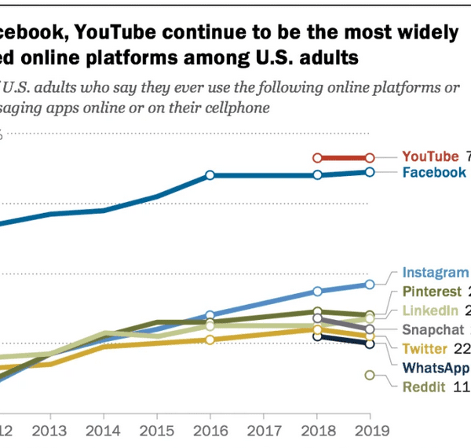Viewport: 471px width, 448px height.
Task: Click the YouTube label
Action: (x=429, y=156)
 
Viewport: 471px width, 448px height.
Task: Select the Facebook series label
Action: (x=434, y=172)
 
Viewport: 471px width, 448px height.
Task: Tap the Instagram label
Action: (x=435, y=273)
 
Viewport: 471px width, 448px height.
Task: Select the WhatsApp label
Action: (x=436, y=367)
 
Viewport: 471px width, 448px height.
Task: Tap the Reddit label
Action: (x=423, y=386)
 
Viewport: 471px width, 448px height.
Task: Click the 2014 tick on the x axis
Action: (x=104, y=431)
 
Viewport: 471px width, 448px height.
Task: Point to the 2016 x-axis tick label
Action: (x=210, y=431)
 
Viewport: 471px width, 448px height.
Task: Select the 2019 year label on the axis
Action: (x=370, y=431)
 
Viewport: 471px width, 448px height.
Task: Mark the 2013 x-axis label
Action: (x=50, y=431)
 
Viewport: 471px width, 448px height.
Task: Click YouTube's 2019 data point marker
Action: (x=370, y=157)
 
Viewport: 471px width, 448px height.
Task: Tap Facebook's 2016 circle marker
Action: (x=210, y=174)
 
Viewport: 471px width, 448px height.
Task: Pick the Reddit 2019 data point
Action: (x=370, y=375)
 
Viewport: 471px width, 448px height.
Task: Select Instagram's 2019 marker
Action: (x=370, y=284)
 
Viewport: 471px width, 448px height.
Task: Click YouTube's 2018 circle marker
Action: (x=317, y=157)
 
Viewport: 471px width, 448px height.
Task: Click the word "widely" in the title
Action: (x=429, y=32)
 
